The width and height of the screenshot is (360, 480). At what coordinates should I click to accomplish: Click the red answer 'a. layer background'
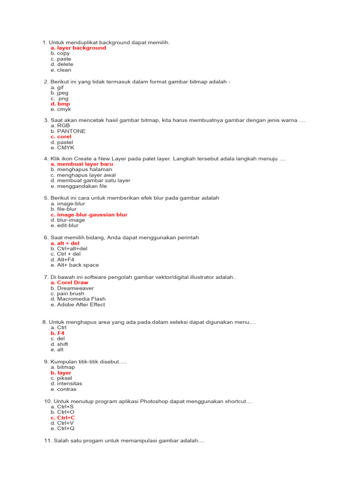(x=78, y=48)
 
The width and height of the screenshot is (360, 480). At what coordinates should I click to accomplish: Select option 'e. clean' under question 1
(x=61, y=70)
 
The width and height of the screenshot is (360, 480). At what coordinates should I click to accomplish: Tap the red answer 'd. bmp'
(x=60, y=104)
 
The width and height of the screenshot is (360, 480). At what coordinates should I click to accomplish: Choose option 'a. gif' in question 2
(x=57, y=88)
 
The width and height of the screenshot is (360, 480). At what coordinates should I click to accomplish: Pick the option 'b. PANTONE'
(x=68, y=131)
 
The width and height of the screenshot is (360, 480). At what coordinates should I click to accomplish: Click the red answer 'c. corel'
(x=61, y=137)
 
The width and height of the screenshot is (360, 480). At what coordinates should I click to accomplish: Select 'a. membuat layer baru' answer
(x=82, y=164)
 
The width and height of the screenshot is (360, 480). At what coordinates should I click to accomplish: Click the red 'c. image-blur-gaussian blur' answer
(x=89, y=215)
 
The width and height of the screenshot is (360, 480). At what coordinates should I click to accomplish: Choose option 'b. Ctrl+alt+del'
(x=69, y=248)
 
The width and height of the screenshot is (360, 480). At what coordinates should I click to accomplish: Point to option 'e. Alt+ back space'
(x=75, y=265)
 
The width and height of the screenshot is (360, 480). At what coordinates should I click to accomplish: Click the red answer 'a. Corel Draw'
(x=69, y=283)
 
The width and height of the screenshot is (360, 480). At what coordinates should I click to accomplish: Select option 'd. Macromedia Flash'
(x=78, y=299)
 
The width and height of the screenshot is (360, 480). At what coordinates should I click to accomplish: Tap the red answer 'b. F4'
(x=58, y=333)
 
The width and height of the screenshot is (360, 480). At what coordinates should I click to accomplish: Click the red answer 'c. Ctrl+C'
(x=63, y=418)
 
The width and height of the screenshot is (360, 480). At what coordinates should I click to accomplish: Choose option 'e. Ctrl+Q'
(x=62, y=428)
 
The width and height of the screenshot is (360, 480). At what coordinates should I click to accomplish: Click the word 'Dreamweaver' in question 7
(x=75, y=288)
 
